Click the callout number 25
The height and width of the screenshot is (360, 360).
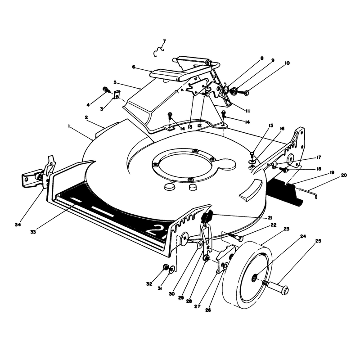pyautogui.click(x=318, y=241)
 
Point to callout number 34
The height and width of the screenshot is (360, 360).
pyautogui.click(x=18, y=225)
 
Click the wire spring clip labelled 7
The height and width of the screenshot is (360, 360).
pyautogui.click(x=158, y=51)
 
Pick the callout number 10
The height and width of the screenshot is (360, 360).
pyautogui.click(x=287, y=63)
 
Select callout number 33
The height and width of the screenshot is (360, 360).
pyautogui.click(x=33, y=232)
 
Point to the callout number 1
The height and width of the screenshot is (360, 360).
pyautogui.click(x=68, y=126)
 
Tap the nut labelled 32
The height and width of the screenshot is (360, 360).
pyautogui.click(x=165, y=267)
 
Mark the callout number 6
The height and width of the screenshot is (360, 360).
pyautogui.click(x=134, y=67)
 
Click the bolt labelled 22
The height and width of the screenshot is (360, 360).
pyautogui.click(x=236, y=237)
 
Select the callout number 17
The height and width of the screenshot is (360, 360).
pyautogui.click(x=319, y=157)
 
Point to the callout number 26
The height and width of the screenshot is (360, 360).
pyautogui.click(x=208, y=310)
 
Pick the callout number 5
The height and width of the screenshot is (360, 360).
pyautogui.click(x=115, y=82)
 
